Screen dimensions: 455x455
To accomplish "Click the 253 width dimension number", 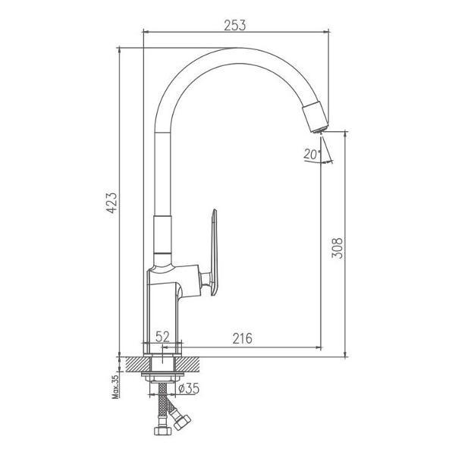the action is (x=235, y=25).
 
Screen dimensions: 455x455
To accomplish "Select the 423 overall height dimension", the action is (x=111, y=202).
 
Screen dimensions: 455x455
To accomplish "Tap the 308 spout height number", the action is (x=337, y=248).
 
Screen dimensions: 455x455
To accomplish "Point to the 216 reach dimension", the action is (x=243, y=338).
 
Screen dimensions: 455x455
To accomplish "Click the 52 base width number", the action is (x=162, y=337).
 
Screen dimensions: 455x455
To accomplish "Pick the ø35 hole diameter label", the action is (x=189, y=388).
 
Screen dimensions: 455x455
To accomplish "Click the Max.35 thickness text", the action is (x=115, y=387).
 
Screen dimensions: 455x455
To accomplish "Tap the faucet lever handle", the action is (x=214, y=253).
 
